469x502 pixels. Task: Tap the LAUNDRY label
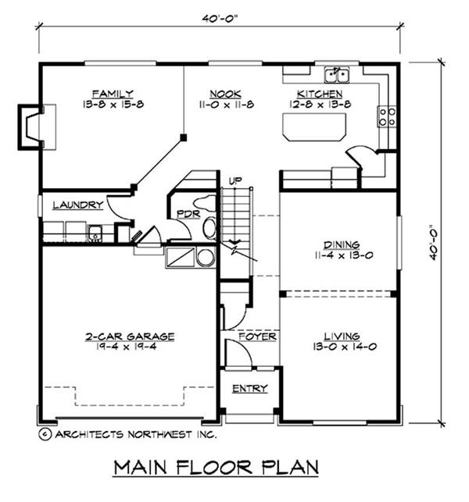[77, 205]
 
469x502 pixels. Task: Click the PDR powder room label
[185, 213]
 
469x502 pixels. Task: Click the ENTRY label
[250, 388]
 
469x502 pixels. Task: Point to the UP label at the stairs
[234, 181]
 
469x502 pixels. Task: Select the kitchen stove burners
[386, 117]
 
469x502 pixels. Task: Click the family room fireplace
[30, 126]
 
